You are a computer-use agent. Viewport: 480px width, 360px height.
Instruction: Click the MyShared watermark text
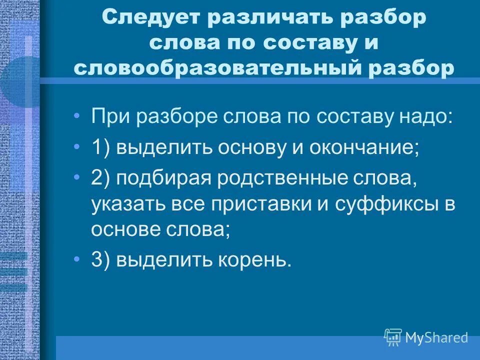tap(436, 337)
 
